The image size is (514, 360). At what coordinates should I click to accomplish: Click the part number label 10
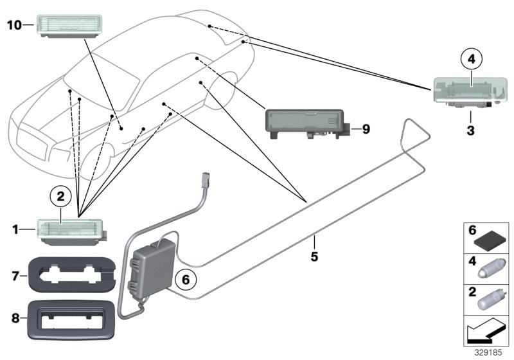point(14,25)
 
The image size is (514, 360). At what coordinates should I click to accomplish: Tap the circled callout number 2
point(60,195)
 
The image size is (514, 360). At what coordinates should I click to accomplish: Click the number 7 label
point(17,276)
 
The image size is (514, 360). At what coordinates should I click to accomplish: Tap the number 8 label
point(17,317)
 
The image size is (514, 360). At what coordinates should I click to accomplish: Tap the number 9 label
point(365,129)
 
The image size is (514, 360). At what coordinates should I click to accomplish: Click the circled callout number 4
point(470,60)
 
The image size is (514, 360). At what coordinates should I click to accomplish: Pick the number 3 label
point(470,131)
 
